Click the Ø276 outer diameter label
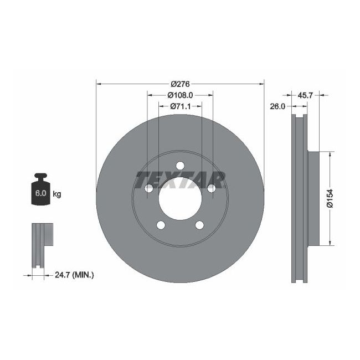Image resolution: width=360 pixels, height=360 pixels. (x=180, y=84)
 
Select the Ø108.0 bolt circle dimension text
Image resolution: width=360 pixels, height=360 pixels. (x=180, y=95)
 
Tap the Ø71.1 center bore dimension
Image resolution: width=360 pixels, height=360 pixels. (x=180, y=106)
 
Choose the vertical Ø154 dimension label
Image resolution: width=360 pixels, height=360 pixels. (x=330, y=198)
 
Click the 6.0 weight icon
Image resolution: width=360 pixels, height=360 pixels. (x=41, y=191)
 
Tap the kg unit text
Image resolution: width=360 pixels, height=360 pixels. (x=56, y=194)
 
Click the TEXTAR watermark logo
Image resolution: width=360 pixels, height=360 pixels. (x=181, y=179)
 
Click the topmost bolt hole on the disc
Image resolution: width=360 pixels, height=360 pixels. (x=180, y=166)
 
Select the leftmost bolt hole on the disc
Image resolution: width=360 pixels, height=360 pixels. (x=148, y=189)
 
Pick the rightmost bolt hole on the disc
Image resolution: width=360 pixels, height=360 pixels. (x=212, y=189)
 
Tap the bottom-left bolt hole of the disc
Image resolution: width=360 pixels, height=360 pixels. (x=161, y=225)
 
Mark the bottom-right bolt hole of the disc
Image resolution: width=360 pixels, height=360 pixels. (x=199, y=225)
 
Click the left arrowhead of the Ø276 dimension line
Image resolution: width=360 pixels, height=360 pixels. (x=99, y=84)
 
